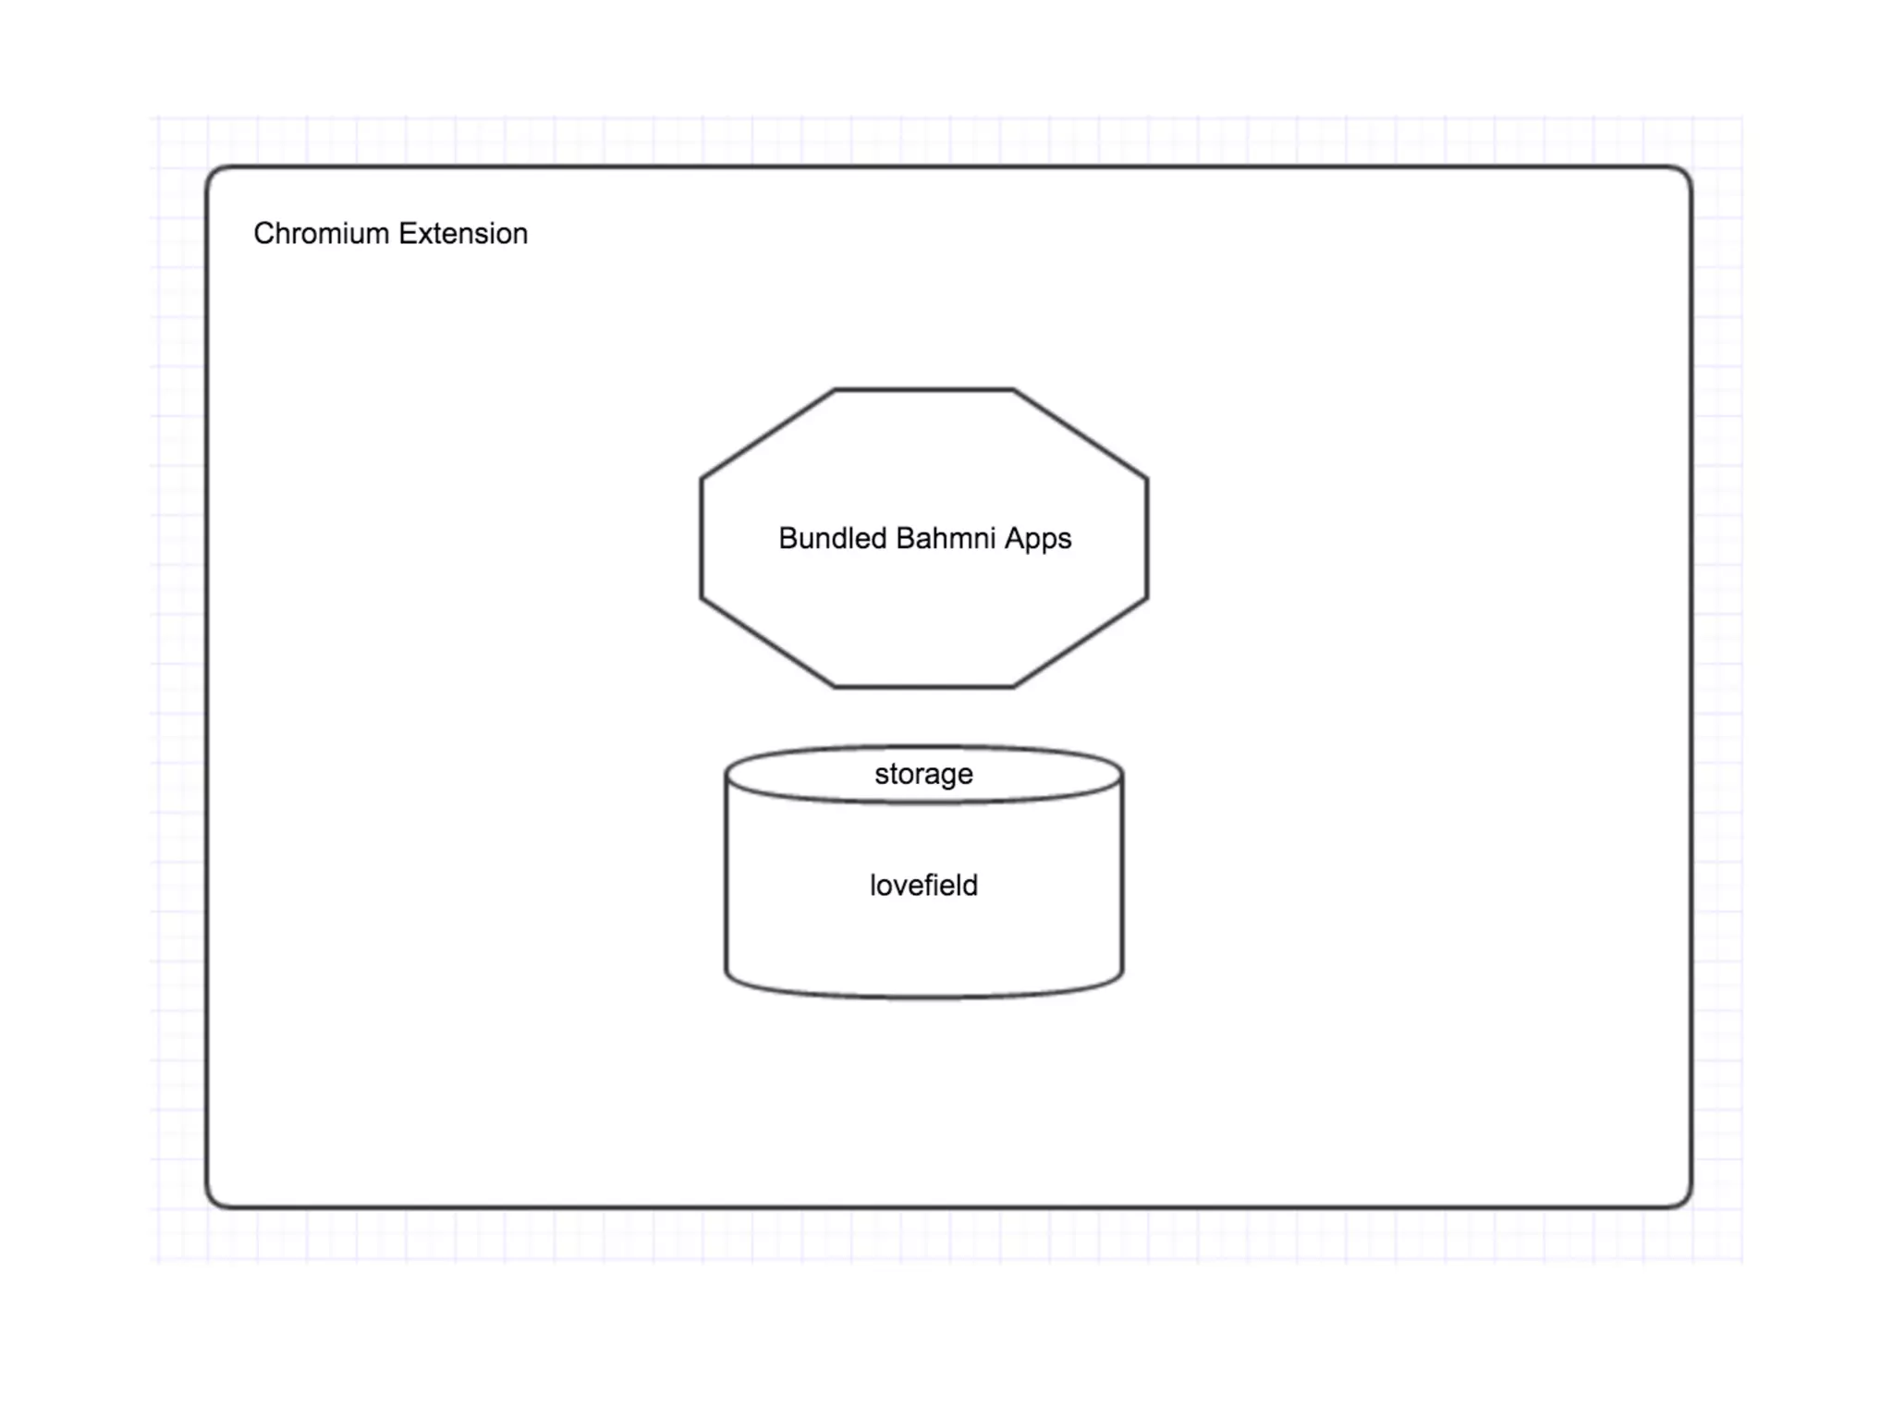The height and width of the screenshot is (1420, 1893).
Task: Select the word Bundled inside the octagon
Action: click(x=832, y=538)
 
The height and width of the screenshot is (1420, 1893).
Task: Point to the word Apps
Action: click(x=1038, y=539)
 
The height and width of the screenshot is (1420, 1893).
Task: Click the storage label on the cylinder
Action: click(x=923, y=774)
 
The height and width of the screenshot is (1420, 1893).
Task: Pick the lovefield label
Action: click(x=923, y=885)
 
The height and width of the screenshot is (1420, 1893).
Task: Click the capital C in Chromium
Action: click(x=263, y=234)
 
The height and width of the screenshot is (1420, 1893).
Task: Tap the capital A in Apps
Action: click(x=1014, y=538)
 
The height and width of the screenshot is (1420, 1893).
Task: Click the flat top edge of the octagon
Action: click(x=923, y=390)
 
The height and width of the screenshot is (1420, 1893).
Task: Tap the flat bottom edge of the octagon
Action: click(x=923, y=687)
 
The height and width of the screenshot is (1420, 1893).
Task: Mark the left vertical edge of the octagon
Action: click(x=702, y=538)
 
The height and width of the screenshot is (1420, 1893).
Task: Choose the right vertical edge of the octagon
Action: click(x=1147, y=538)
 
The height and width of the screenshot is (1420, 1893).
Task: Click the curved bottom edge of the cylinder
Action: click(x=923, y=998)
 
